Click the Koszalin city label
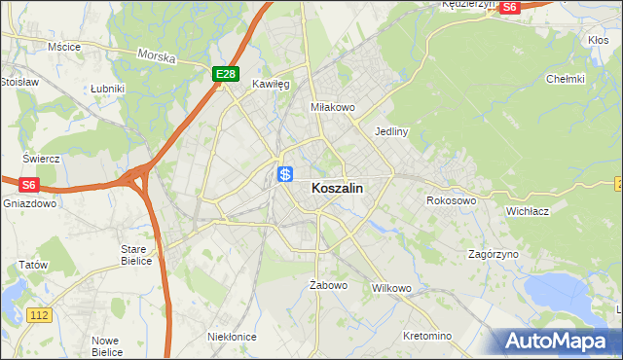338,191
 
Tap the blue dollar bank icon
285,175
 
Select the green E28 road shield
225,74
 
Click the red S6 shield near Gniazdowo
28,184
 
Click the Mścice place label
63,46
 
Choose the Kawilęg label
271,85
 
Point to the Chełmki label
565,79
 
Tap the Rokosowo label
451,200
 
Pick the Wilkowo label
392,289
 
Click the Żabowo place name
328,285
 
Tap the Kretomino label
427,336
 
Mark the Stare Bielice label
134,255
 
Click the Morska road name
156,56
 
